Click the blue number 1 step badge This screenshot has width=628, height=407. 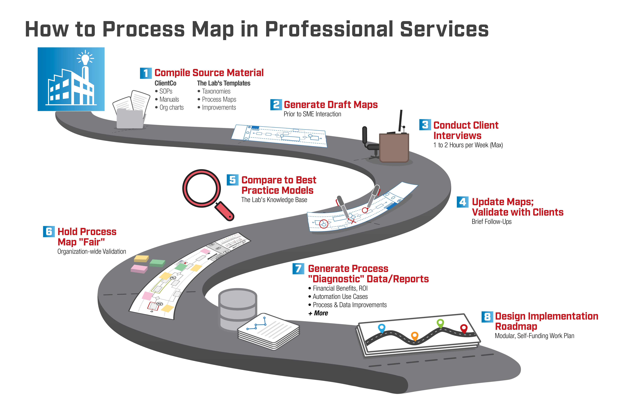[146, 73]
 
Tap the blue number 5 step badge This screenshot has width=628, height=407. [232, 180]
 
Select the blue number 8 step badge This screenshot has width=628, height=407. [487, 317]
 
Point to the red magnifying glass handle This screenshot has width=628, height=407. [224, 211]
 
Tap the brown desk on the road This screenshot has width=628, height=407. [394, 148]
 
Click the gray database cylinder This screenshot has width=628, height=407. [238, 308]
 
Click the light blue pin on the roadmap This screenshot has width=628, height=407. [382, 328]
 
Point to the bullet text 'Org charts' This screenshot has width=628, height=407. [172, 108]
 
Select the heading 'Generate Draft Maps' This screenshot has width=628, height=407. [331, 105]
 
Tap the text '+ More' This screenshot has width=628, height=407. [318, 313]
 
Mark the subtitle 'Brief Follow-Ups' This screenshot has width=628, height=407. [492, 222]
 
